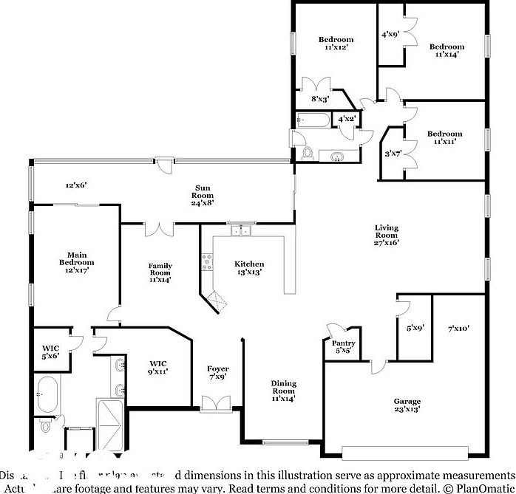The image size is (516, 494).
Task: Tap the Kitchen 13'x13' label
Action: pos(249,268)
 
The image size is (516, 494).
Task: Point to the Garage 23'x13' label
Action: pos(407,406)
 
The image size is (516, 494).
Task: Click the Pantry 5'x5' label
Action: pos(344,347)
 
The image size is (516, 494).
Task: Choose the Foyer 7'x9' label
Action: pos(217,373)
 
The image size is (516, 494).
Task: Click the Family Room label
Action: pos(160,272)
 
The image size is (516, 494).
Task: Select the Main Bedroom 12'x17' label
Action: pos(77,262)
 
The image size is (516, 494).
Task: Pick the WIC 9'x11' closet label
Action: pos(158,367)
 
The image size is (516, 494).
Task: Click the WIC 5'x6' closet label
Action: pos(50,351)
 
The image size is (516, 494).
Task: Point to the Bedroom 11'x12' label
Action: pos(336,43)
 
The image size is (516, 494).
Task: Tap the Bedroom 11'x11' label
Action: pos(444,138)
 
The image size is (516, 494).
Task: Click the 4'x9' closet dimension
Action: pos(390,34)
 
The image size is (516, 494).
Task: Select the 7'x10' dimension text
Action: pos(458,329)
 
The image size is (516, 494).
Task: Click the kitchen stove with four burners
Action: pos(207,261)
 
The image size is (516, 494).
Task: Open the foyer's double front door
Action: pos(215,402)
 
